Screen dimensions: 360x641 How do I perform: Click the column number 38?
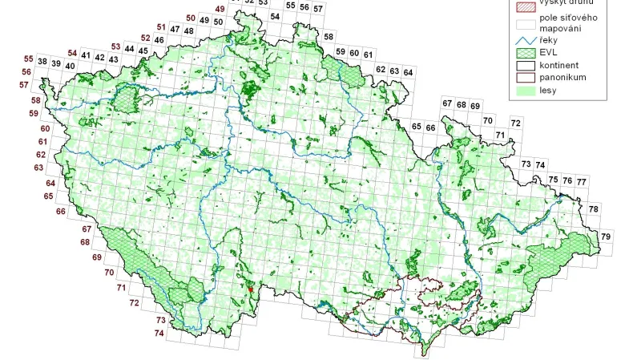pos(42,63)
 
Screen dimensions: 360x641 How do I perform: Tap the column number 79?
pos(606,237)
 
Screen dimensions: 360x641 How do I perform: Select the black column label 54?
pos(275,16)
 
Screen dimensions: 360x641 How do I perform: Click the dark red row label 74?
pos(159,333)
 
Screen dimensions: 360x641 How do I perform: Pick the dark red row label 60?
pos(45,129)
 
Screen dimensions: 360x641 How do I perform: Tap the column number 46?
pos(159,40)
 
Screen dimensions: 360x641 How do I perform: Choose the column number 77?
pos(581,182)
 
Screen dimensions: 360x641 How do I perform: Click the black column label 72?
pos(515,123)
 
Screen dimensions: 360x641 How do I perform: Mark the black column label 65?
pos(417,127)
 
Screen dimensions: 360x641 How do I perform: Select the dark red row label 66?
pos(60,212)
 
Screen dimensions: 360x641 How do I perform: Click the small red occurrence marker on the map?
pos(250,289)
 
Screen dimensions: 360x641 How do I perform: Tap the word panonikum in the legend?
pos(563,77)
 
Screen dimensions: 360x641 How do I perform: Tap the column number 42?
pos(100,58)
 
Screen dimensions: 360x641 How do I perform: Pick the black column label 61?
pos(368,54)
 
